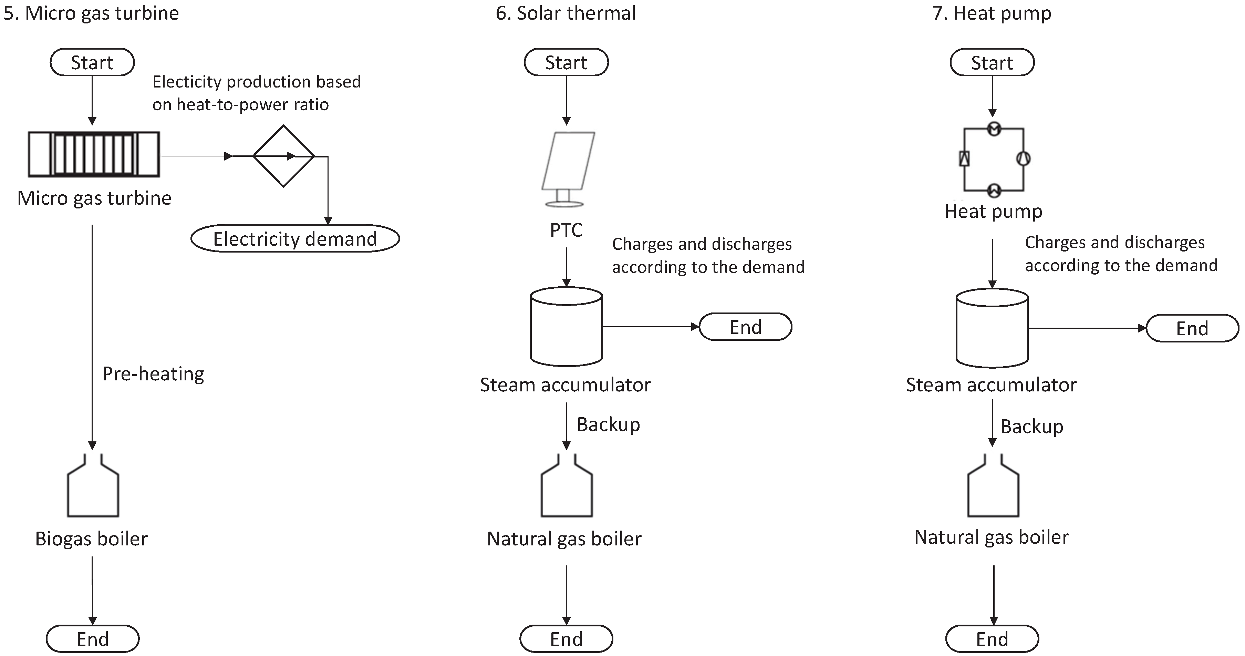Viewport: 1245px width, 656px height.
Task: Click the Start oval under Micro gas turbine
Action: [92, 62]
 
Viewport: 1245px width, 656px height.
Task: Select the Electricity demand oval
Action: [295, 238]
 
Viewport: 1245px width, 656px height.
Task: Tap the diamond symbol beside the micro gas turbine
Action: [284, 156]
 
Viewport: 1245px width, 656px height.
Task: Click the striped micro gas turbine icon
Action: [94, 154]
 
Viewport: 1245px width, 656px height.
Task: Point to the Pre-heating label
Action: [153, 374]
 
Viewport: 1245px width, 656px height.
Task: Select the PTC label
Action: [566, 230]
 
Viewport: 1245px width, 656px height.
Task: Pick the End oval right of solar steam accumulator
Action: [745, 327]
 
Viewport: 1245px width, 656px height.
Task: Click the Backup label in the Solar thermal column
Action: [608, 424]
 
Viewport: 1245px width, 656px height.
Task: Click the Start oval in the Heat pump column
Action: [992, 62]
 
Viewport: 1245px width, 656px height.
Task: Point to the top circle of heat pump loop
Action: [994, 129]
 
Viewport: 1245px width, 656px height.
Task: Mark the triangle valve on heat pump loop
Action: [964, 158]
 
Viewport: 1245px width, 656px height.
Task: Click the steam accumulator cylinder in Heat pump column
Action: [992, 329]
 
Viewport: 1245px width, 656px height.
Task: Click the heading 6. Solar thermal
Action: [566, 13]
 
